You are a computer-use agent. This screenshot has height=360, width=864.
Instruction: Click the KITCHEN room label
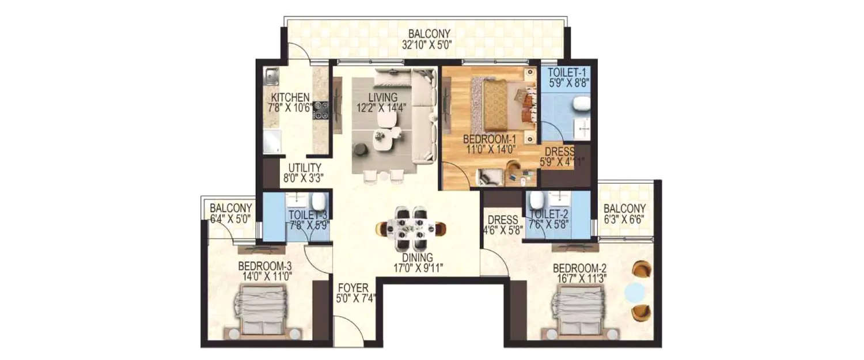[x=291, y=97]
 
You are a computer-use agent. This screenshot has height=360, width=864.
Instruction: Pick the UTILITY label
[x=301, y=168]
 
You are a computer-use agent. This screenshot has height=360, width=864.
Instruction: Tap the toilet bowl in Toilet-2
[x=537, y=199]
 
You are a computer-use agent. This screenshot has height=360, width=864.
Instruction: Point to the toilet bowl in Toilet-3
[x=318, y=201]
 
